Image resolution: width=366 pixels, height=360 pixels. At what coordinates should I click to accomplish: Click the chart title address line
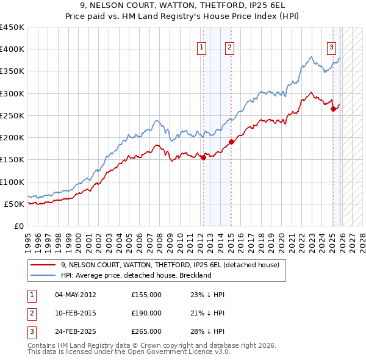coord(183,6)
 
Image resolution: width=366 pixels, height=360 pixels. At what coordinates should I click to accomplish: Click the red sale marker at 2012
coord(203,157)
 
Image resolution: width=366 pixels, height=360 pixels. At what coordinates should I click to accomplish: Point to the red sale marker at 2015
coord(231,142)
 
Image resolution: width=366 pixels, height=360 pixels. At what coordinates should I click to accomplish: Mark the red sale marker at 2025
coord(333,109)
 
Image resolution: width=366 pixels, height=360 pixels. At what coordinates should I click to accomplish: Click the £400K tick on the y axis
coord(12,49)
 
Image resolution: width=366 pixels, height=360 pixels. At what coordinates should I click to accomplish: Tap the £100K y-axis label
coord(12,182)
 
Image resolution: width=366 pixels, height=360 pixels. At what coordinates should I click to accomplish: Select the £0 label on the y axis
coord(19,226)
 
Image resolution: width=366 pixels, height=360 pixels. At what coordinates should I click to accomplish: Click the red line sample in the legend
coord(43,265)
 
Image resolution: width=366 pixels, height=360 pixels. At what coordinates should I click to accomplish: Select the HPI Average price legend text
coord(135,275)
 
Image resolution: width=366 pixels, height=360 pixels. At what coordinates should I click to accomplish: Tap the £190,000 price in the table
coord(146,313)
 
